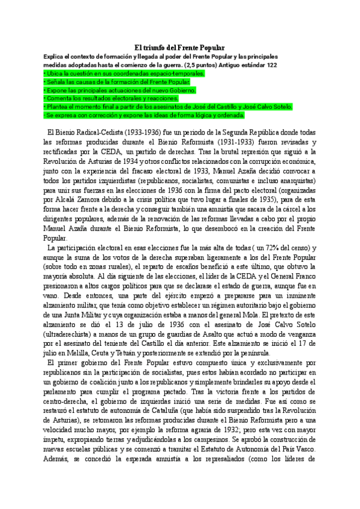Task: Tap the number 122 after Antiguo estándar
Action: tap(271, 64)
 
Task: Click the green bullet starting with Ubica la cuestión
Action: tap(124, 73)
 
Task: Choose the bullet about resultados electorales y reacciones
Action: tap(120, 98)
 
